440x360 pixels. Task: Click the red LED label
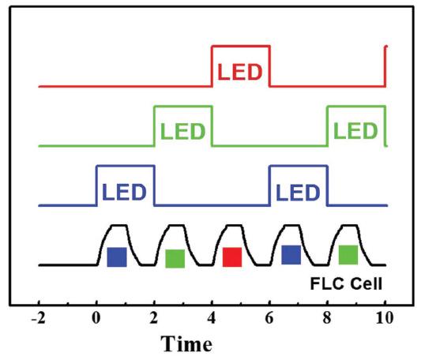click(x=240, y=72)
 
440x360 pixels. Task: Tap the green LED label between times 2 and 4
click(x=182, y=131)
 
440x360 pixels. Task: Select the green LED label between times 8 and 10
click(x=355, y=130)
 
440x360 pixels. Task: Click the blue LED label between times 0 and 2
click(x=124, y=192)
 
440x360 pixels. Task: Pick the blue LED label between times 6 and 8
click(x=298, y=193)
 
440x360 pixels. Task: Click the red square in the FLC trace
click(x=232, y=257)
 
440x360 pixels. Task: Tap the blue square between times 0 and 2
click(x=117, y=257)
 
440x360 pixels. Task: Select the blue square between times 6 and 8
click(x=291, y=254)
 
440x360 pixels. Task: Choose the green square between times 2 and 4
click(x=175, y=258)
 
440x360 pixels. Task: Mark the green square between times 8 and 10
click(x=348, y=254)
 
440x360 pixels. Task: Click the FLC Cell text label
click(x=346, y=283)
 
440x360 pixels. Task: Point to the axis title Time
click(x=186, y=343)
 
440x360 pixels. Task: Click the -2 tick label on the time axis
click(x=38, y=318)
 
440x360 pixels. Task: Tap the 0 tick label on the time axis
click(x=96, y=318)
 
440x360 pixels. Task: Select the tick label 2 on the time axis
click(x=153, y=318)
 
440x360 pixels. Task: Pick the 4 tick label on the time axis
click(x=211, y=318)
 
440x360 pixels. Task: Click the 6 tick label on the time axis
click(x=269, y=318)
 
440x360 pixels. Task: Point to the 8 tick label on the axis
click(x=327, y=318)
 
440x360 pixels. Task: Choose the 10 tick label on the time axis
click(x=385, y=318)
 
